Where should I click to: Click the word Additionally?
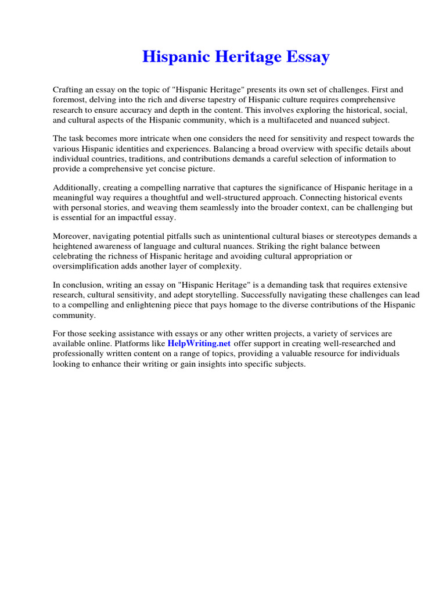76,187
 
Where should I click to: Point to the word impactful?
142,217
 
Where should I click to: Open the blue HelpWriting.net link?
199,343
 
